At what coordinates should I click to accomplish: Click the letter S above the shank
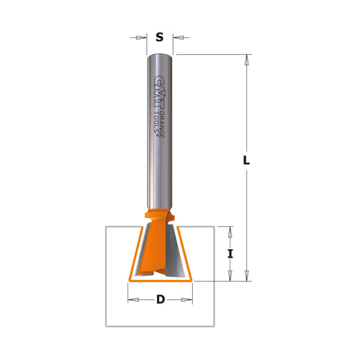coord(159,37)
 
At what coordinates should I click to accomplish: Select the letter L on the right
coord(246,162)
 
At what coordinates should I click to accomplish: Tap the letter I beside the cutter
coord(230,253)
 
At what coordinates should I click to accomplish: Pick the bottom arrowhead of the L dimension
coord(248,274)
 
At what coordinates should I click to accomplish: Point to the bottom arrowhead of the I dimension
coord(230,274)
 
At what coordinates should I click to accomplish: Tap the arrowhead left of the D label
coord(132,300)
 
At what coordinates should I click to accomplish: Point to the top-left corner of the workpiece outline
coord(105,227)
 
